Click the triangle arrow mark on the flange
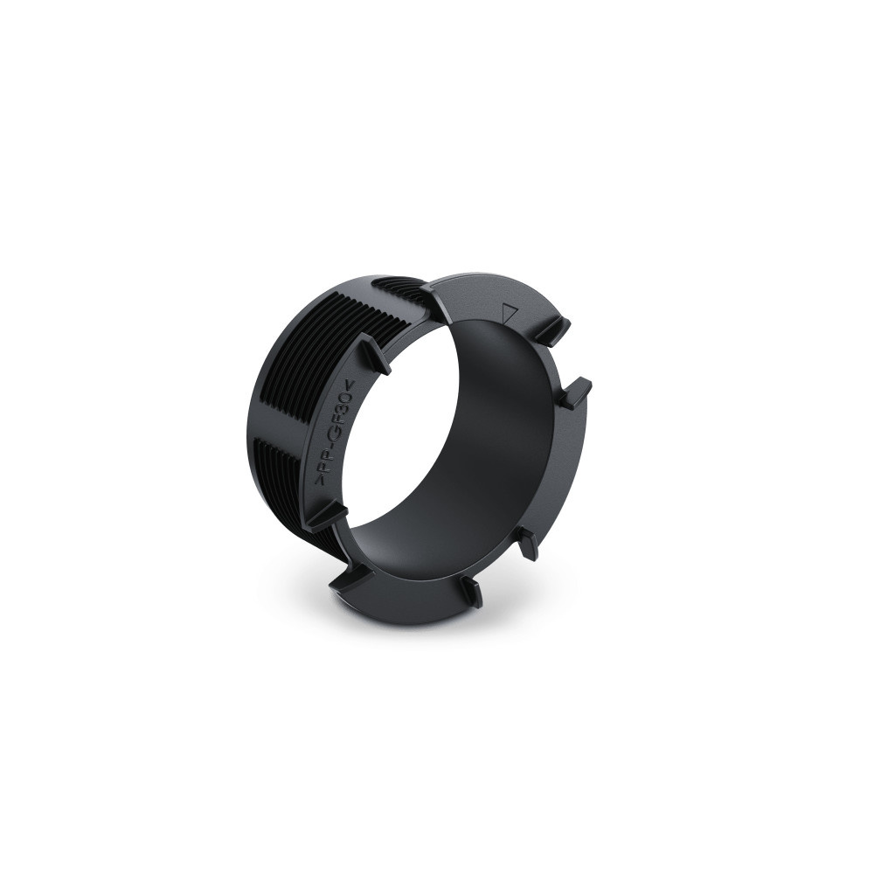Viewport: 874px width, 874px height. [511, 311]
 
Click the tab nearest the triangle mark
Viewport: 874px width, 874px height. [554, 330]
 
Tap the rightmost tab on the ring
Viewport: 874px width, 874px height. [573, 394]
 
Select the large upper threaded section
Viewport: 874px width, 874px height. [297, 367]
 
